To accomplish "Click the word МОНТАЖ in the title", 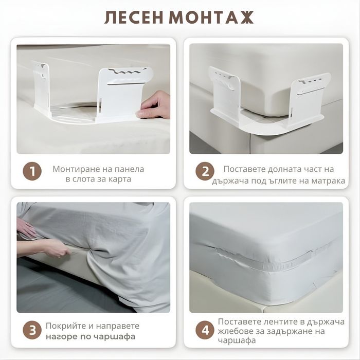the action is [x=211, y=17].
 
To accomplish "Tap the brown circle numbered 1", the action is [x=32, y=171].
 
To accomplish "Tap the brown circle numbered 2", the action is [x=205, y=171].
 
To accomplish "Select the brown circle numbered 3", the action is [x=32, y=330].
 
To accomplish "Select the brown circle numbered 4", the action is [x=205, y=330].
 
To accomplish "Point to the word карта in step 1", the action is [x=120, y=179].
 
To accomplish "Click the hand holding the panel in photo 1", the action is [x=153, y=105].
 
